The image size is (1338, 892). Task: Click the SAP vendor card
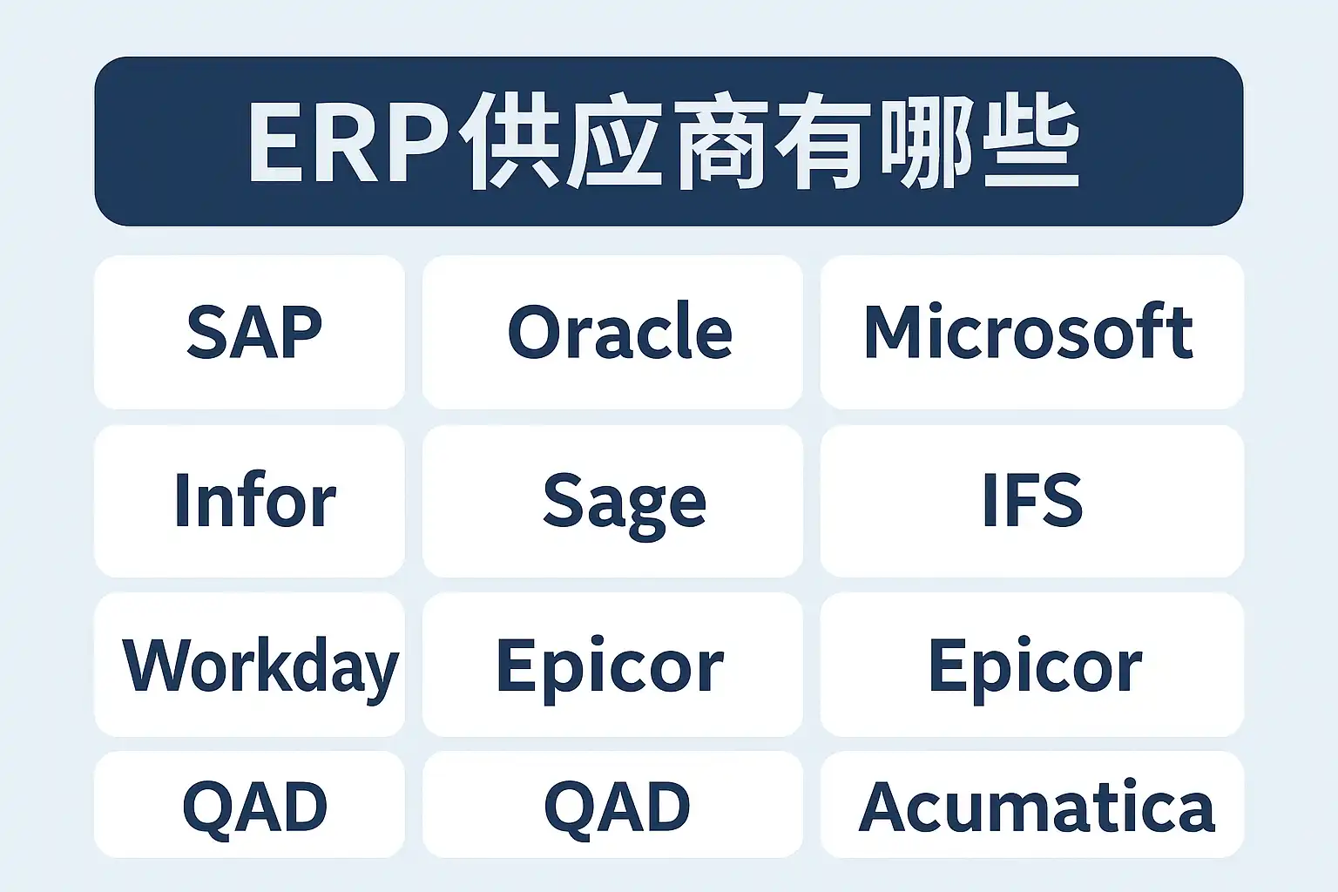[250, 332]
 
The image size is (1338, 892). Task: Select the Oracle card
[612, 332]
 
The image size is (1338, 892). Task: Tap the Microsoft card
[1032, 332]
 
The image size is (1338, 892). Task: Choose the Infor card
[250, 501]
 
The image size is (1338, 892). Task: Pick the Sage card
[612, 501]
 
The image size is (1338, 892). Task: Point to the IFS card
[1032, 501]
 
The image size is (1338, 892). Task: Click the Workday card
[250, 665]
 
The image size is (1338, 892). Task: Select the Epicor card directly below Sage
[612, 665]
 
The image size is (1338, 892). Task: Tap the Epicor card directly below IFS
[1032, 665]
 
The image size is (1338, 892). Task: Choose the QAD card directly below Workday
[250, 805]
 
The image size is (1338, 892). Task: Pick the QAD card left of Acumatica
[612, 805]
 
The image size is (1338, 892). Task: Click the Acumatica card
[1032, 805]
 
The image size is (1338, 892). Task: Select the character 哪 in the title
[927, 141]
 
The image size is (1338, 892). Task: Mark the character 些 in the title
[1031, 141]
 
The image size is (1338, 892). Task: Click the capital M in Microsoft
[893, 332]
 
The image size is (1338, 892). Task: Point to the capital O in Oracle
[533, 332]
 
